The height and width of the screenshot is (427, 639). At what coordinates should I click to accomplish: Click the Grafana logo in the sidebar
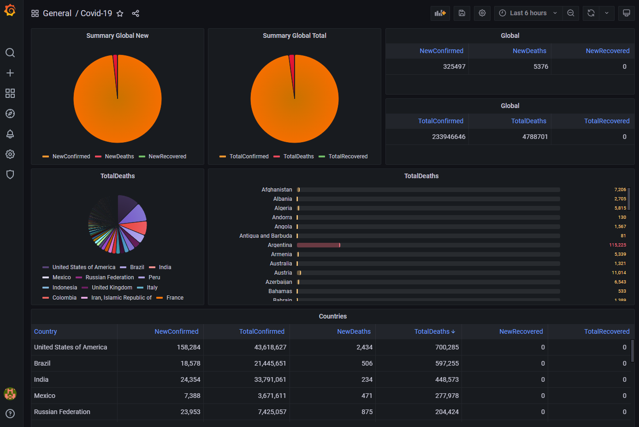(10, 10)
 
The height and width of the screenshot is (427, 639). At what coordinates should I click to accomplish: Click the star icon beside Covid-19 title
(120, 13)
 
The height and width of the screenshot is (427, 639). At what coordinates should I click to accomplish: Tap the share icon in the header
(136, 13)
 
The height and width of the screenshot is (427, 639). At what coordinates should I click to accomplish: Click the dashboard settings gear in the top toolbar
(482, 13)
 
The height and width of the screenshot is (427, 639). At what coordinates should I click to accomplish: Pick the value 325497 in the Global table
(454, 66)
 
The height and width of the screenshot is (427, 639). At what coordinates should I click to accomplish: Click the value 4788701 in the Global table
(535, 137)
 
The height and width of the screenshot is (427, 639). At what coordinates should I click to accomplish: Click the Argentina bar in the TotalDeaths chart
(318, 245)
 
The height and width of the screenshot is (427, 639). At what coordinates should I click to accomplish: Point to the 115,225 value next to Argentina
(617, 245)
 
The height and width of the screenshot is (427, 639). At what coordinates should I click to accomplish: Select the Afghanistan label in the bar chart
(277, 190)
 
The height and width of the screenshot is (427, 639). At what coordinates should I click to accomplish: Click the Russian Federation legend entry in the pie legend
(109, 277)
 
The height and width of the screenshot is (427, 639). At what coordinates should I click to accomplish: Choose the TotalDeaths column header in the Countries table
(432, 331)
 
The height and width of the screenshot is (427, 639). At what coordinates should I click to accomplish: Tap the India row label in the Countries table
(41, 379)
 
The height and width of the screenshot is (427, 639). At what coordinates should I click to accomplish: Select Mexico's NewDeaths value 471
(367, 396)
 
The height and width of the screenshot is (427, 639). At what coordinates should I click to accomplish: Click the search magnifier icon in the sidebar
(10, 53)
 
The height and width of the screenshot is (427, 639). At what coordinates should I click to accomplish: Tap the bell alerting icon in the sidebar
(10, 134)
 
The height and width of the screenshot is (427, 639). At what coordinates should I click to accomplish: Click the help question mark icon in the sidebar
(10, 414)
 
